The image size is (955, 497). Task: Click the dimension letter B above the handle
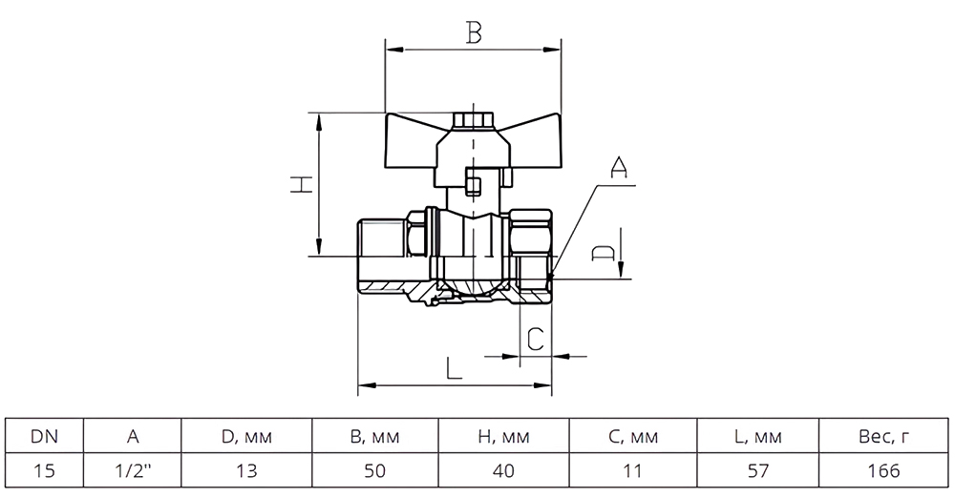[474, 32]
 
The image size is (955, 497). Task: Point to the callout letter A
[618, 168]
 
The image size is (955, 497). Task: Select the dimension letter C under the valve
[536, 339]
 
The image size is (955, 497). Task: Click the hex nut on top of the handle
[472, 121]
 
